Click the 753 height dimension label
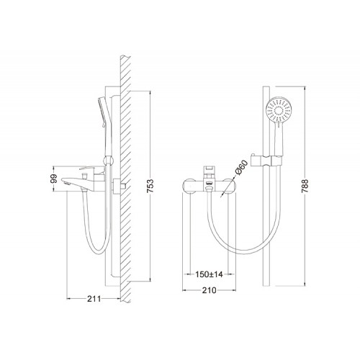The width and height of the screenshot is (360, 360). (x=150, y=186)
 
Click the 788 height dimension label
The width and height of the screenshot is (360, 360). (x=305, y=186)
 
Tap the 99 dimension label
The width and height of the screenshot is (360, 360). (x=55, y=179)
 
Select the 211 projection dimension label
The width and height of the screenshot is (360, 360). (x=94, y=299)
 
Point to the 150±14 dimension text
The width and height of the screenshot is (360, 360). (x=209, y=274)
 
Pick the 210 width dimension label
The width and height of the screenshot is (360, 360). (x=209, y=290)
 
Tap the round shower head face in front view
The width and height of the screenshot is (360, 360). (x=279, y=110)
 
